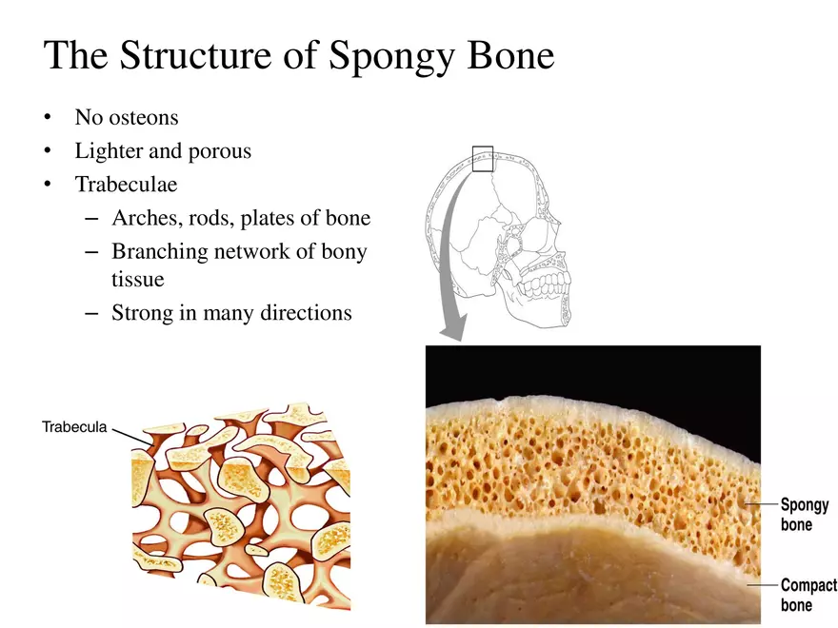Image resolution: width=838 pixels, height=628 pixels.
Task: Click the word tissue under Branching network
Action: coord(138,280)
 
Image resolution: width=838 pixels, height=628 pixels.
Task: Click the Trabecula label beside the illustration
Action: coord(74,426)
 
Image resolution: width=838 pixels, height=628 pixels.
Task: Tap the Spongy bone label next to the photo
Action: coord(805,514)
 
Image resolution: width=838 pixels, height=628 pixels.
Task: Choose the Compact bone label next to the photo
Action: coord(808,595)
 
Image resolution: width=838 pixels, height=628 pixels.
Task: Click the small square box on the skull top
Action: coord(483,159)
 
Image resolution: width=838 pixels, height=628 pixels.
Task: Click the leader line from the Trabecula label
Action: coord(126,434)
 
